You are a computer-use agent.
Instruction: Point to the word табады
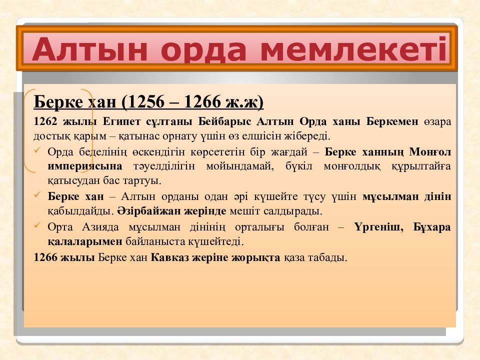click(x=327, y=258)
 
